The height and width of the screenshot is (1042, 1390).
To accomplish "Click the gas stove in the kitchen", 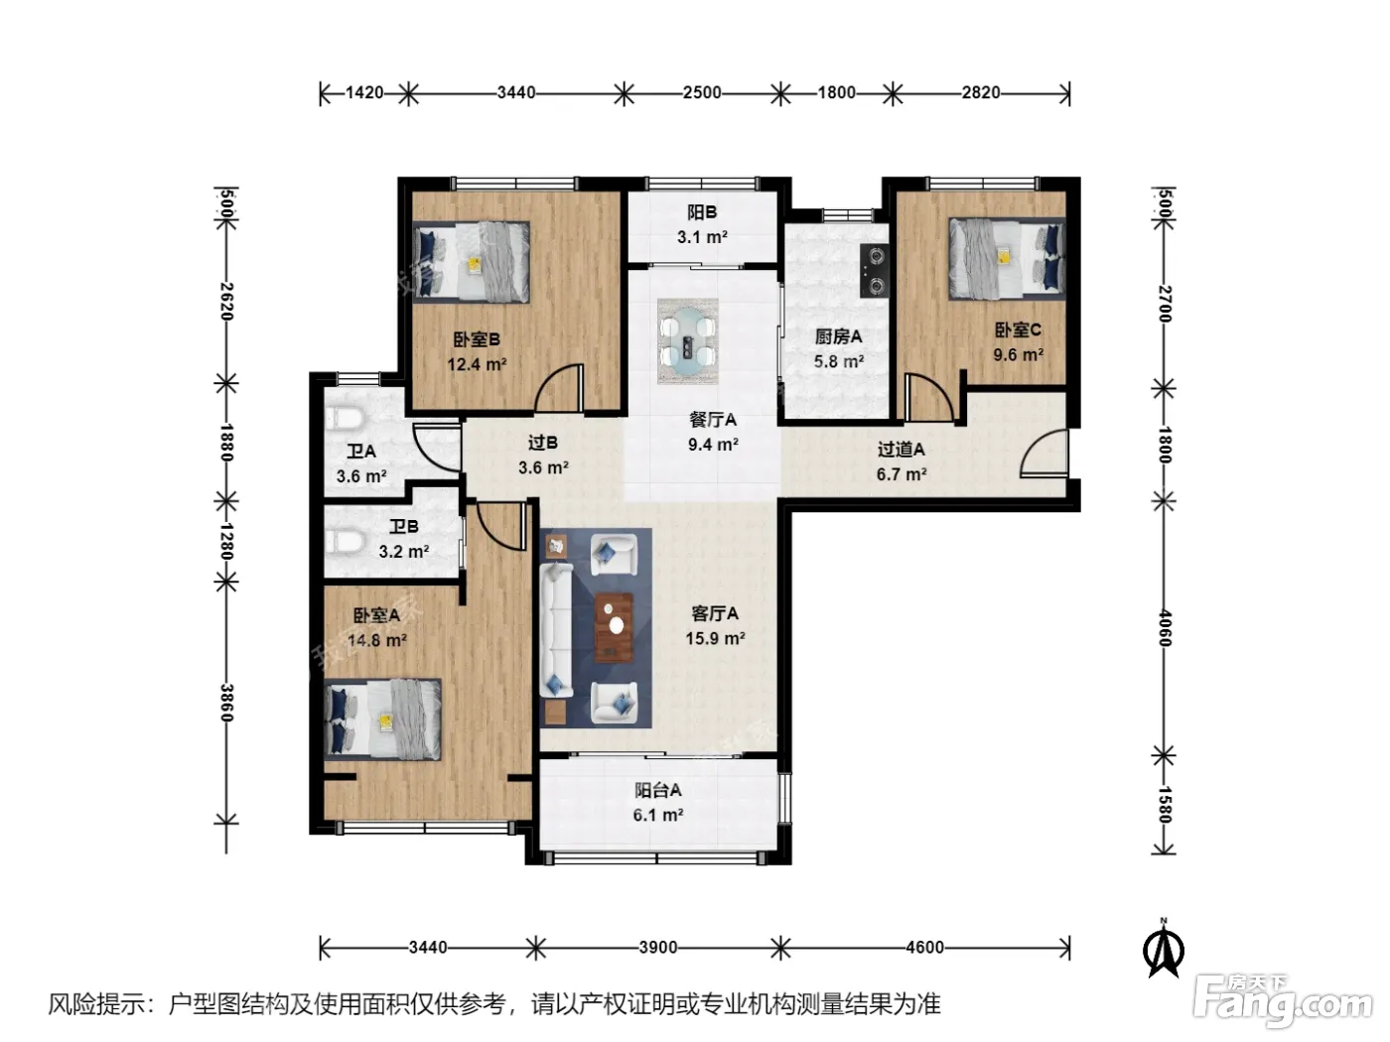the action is [x=874, y=271].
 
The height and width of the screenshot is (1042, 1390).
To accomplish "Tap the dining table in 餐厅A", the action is [x=688, y=341].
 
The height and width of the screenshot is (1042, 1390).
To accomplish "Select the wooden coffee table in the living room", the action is [x=613, y=627].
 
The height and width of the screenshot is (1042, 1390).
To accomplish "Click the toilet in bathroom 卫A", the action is [x=344, y=419].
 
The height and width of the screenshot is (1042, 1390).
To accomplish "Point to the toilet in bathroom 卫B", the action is [x=344, y=542].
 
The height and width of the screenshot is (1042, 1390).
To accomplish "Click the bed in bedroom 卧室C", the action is [x=1007, y=258].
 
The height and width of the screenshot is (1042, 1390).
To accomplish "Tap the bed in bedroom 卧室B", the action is [x=472, y=262].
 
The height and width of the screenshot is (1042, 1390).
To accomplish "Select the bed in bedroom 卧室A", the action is [x=382, y=720].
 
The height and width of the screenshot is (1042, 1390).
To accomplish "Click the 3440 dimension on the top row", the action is [x=516, y=93].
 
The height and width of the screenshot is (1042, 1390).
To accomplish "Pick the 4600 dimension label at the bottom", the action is [x=924, y=947].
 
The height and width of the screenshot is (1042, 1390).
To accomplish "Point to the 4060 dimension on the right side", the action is [x=1165, y=627].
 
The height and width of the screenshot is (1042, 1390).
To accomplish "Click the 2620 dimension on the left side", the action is [x=226, y=301].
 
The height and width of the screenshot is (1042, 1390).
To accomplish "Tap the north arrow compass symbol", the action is [x=1164, y=949].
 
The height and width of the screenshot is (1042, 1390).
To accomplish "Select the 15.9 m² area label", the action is [x=715, y=638].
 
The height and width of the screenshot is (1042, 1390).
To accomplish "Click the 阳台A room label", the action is [x=658, y=790].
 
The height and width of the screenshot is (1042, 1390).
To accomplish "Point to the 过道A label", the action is [x=901, y=450].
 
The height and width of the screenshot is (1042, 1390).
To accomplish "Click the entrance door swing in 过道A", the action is [x=1042, y=453].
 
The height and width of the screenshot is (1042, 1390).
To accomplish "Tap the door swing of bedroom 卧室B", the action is [x=559, y=387].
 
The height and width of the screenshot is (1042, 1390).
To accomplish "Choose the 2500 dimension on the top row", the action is [x=702, y=93].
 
